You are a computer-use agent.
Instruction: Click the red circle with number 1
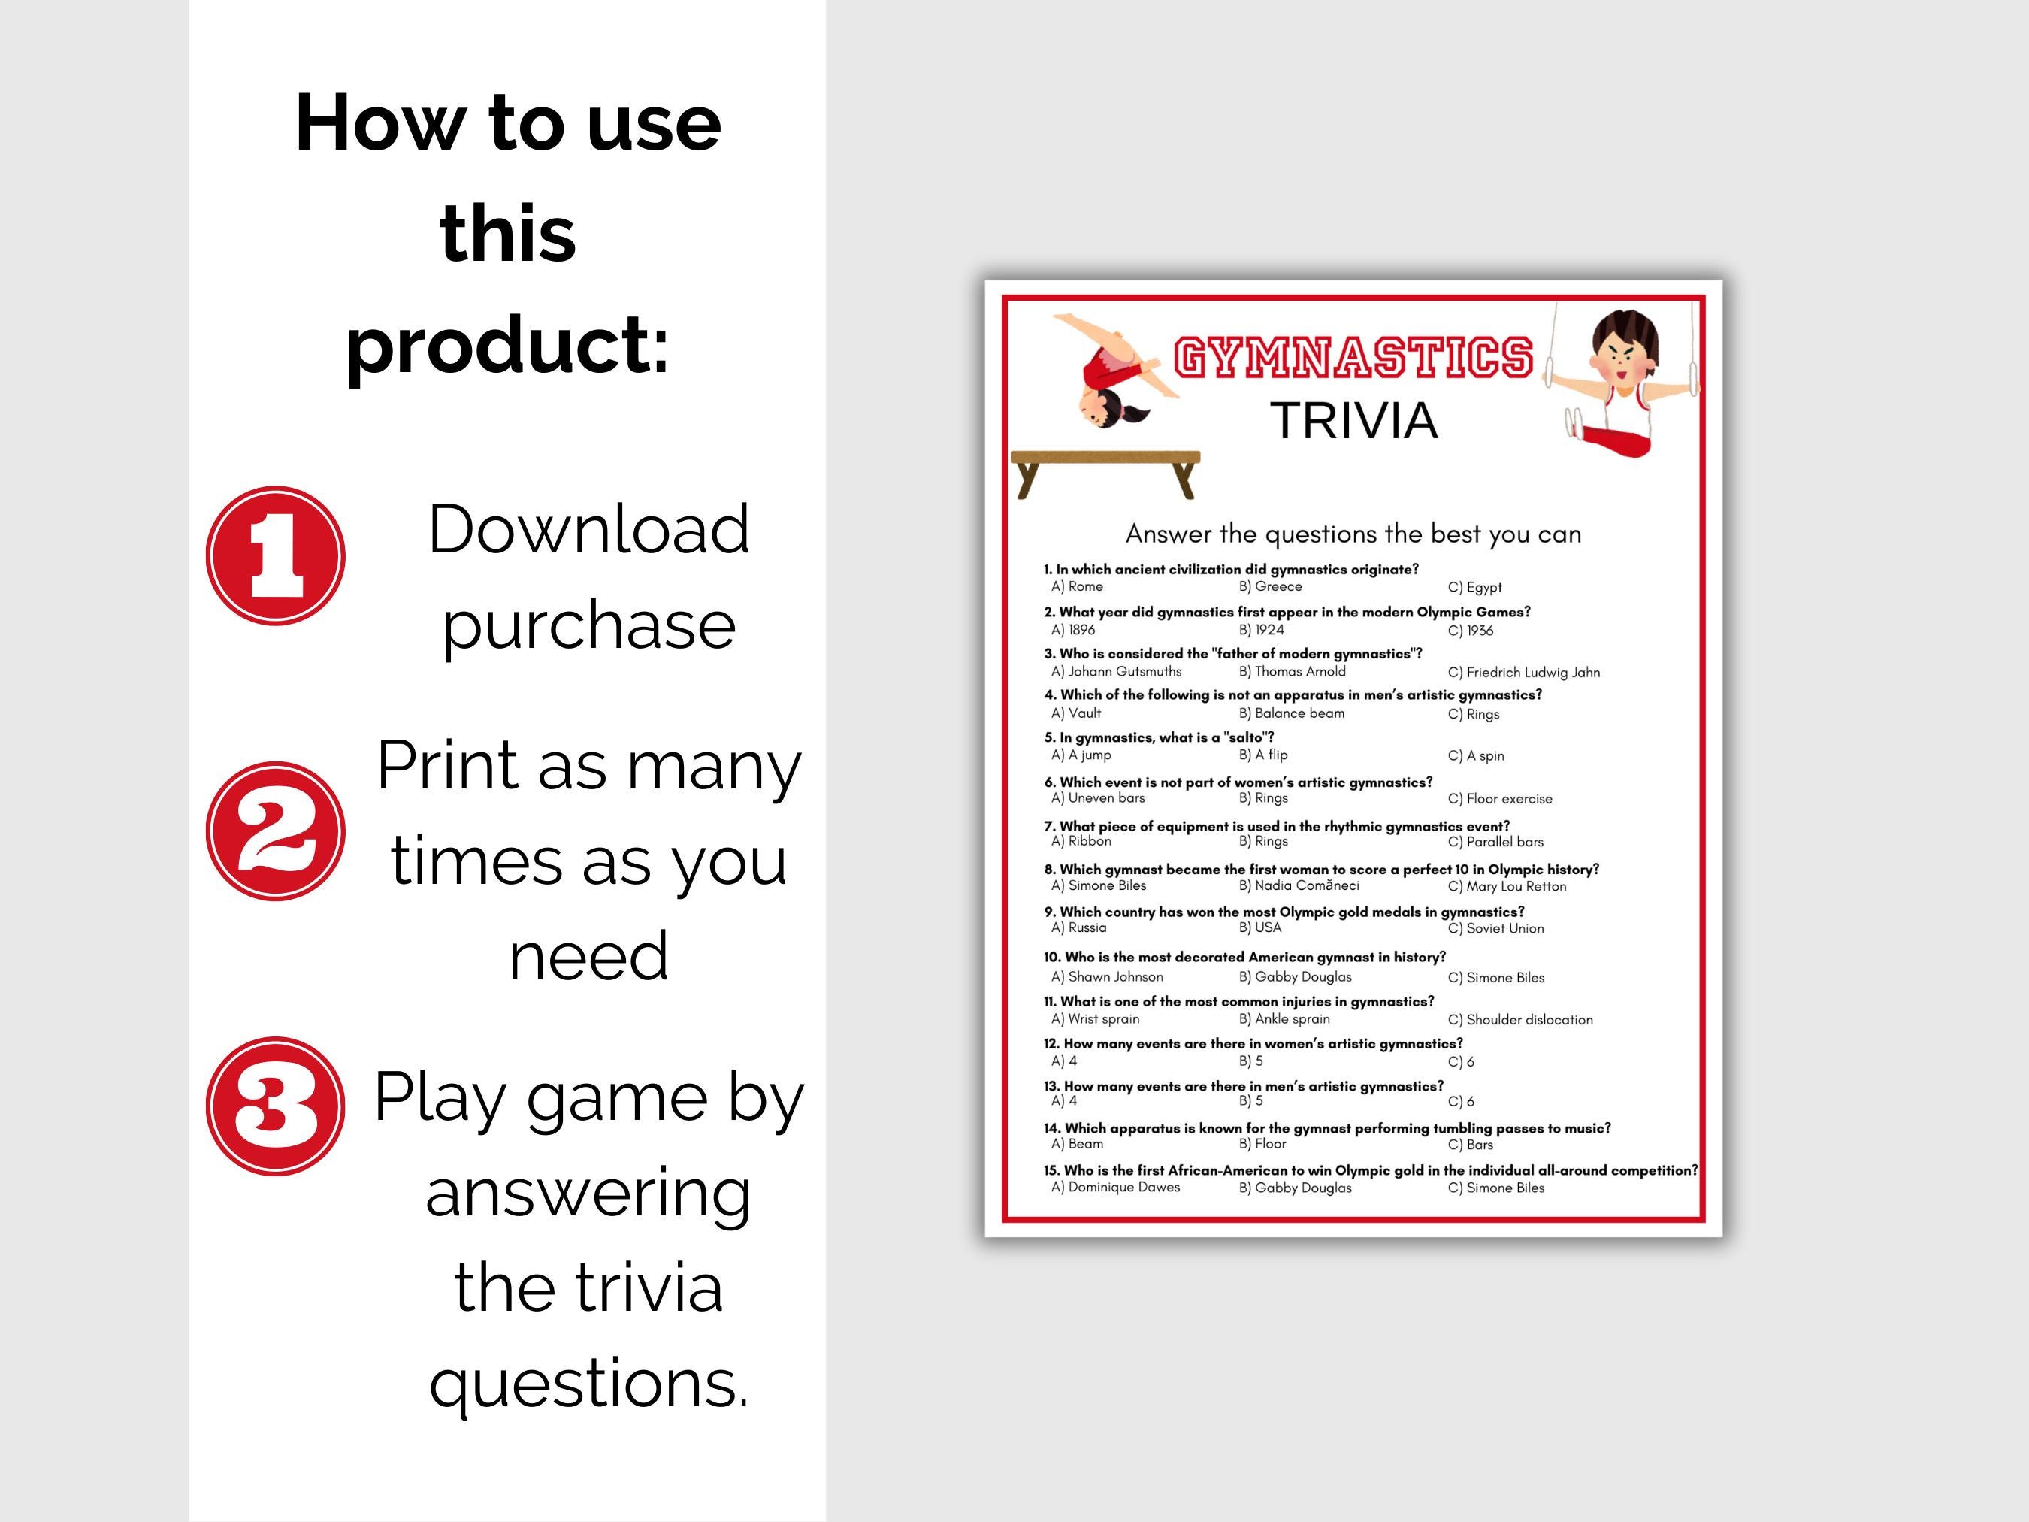click(x=275, y=556)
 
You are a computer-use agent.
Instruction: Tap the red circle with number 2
click(x=275, y=831)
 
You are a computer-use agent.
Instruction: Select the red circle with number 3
click(x=275, y=1106)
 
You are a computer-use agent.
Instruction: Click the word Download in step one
click(x=589, y=531)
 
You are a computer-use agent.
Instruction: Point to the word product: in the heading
click(x=507, y=345)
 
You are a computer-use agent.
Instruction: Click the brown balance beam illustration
click(x=1105, y=471)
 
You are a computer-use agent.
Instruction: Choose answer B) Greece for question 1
click(x=1271, y=587)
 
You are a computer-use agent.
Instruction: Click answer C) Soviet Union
click(x=1496, y=928)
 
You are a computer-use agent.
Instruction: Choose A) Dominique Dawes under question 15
click(x=1115, y=1187)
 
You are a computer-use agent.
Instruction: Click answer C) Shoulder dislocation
click(x=1520, y=1020)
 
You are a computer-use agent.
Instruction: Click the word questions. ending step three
click(x=589, y=1381)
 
